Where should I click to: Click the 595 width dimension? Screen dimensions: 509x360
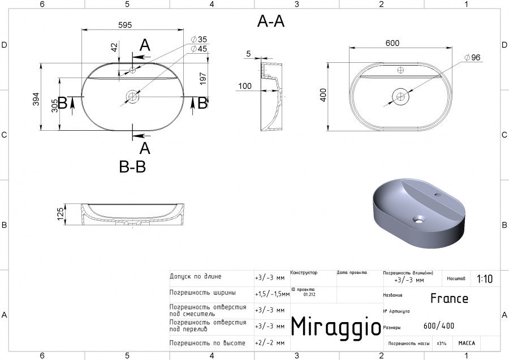[x=125, y=25]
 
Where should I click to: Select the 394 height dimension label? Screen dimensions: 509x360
[x=36, y=100]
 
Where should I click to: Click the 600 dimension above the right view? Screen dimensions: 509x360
[x=392, y=44]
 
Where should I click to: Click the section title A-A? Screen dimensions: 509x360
[x=270, y=22]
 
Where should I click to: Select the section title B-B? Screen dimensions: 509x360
[x=132, y=167]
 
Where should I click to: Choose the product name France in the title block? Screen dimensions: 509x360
[x=449, y=298]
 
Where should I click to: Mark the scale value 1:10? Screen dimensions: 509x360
[x=485, y=279]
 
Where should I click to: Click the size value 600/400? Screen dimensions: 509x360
[x=438, y=325]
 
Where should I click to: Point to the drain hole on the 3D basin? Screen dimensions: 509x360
[x=419, y=218]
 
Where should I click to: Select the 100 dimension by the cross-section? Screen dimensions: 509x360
[x=245, y=86]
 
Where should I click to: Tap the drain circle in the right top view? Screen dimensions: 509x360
[x=401, y=97]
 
